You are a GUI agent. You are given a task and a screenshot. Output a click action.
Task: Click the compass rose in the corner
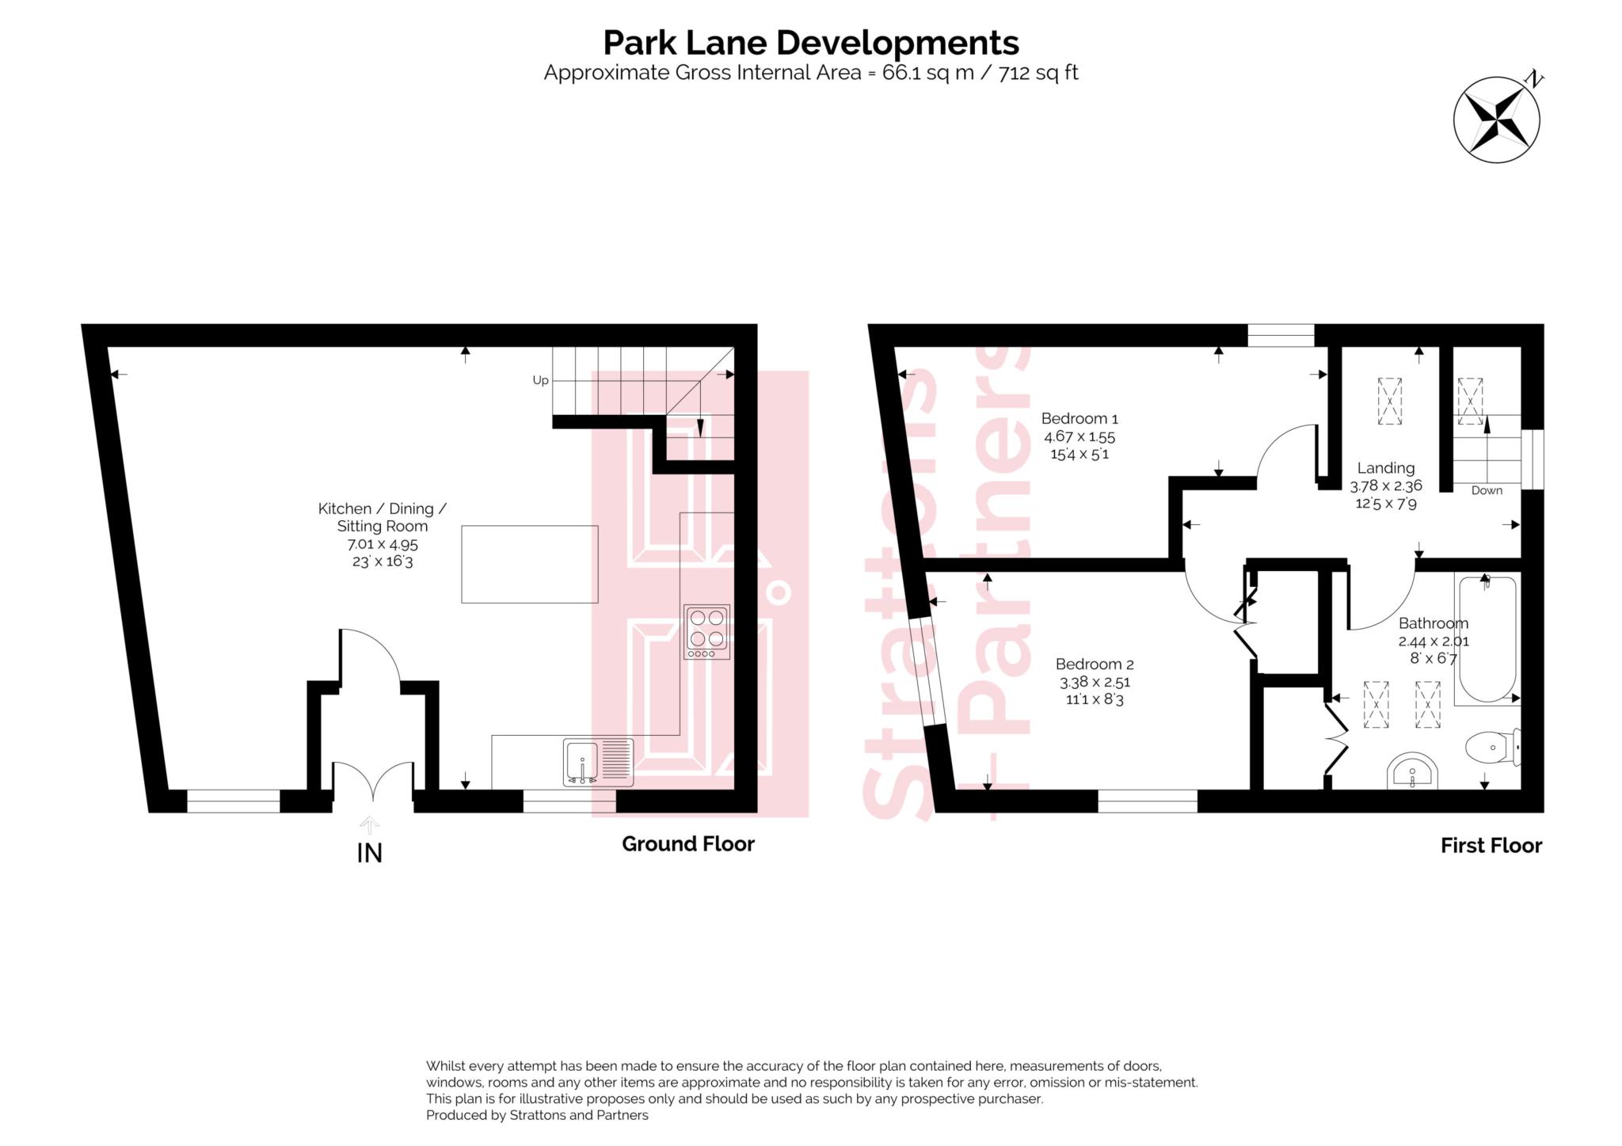pos(1496,120)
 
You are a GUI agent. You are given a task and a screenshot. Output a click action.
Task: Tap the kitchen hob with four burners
pos(706,631)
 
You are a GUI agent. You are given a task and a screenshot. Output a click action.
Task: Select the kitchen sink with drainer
pos(598,762)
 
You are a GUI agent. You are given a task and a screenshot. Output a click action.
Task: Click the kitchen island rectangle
pos(529,564)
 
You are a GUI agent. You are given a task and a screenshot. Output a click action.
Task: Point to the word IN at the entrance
pos(370,853)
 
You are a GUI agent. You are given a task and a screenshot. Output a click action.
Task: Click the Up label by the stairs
pos(540,380)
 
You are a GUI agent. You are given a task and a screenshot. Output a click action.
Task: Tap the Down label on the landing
pos(1487,490)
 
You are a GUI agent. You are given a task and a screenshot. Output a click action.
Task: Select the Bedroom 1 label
pos(1079,418)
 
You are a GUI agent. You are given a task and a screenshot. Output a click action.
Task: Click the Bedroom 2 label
pos(1095,664)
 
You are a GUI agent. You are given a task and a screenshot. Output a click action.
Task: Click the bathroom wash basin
pos(1412,771)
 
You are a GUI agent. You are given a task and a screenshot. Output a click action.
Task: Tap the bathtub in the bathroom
pos(1486,638)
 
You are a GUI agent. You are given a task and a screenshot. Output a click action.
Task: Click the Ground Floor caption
pos(687,843)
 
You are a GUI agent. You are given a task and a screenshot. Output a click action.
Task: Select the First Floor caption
pos(1491,846)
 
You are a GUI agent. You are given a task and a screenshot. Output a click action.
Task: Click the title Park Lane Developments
pos(810,42)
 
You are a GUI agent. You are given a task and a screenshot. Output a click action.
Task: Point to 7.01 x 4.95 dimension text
pos(383,544)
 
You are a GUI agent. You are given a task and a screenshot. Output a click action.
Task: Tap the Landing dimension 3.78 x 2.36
pos(1385,485)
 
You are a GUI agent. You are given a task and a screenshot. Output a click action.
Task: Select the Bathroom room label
pos(1433,623)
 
